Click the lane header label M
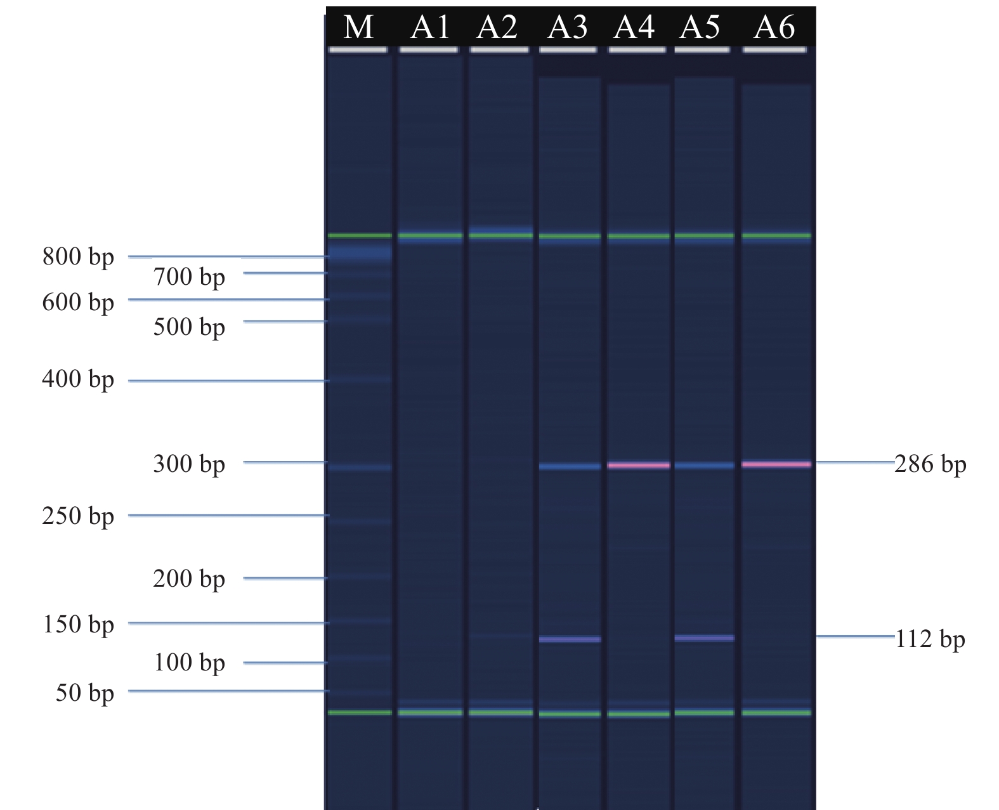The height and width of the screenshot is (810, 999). pos(358,27)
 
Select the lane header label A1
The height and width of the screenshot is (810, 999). pos(430,27)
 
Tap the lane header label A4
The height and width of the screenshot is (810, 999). pos(634,27)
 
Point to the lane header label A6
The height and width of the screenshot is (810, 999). pos(774,27)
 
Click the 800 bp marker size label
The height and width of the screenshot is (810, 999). pos(78,257)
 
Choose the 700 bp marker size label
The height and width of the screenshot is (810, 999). pos(189,277)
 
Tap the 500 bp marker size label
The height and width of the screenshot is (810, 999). pos(189,327)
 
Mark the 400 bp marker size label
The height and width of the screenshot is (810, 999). pos(78,379)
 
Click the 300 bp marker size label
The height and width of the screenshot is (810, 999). pos(189,464)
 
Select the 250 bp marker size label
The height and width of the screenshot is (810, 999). pos(78,516)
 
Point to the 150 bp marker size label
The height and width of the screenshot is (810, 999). pos(78,625)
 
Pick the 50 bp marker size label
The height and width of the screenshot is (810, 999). pos(84,693)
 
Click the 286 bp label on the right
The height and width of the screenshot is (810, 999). pos(930,465)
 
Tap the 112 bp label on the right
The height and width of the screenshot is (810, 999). pos(930,639)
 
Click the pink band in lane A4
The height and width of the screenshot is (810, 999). pos(639,466)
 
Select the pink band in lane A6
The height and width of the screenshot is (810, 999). pos(776,464)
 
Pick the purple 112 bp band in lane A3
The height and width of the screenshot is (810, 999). pos(570,639)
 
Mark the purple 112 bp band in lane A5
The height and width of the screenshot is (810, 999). pos(704,637)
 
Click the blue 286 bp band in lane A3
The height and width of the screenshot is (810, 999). pos(570,467)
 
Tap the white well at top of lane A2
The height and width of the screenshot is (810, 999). pos(499,49)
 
